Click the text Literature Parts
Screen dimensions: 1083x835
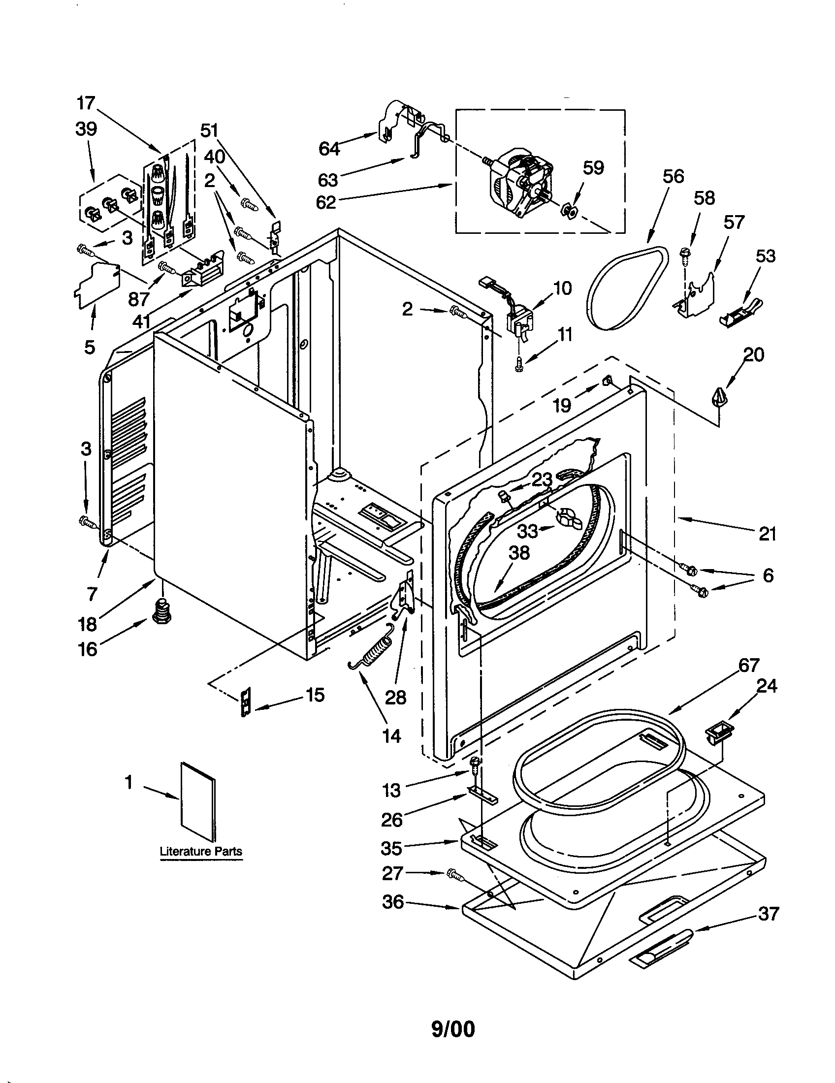201,852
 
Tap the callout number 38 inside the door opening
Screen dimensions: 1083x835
519,552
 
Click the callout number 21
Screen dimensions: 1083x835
767,535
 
